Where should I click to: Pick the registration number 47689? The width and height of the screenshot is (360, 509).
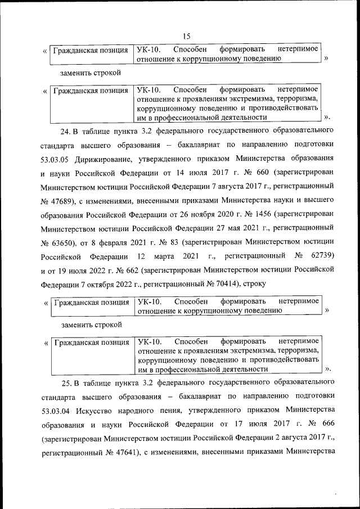click(64, 201)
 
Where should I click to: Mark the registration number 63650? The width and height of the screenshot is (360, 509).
click(64, 242)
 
